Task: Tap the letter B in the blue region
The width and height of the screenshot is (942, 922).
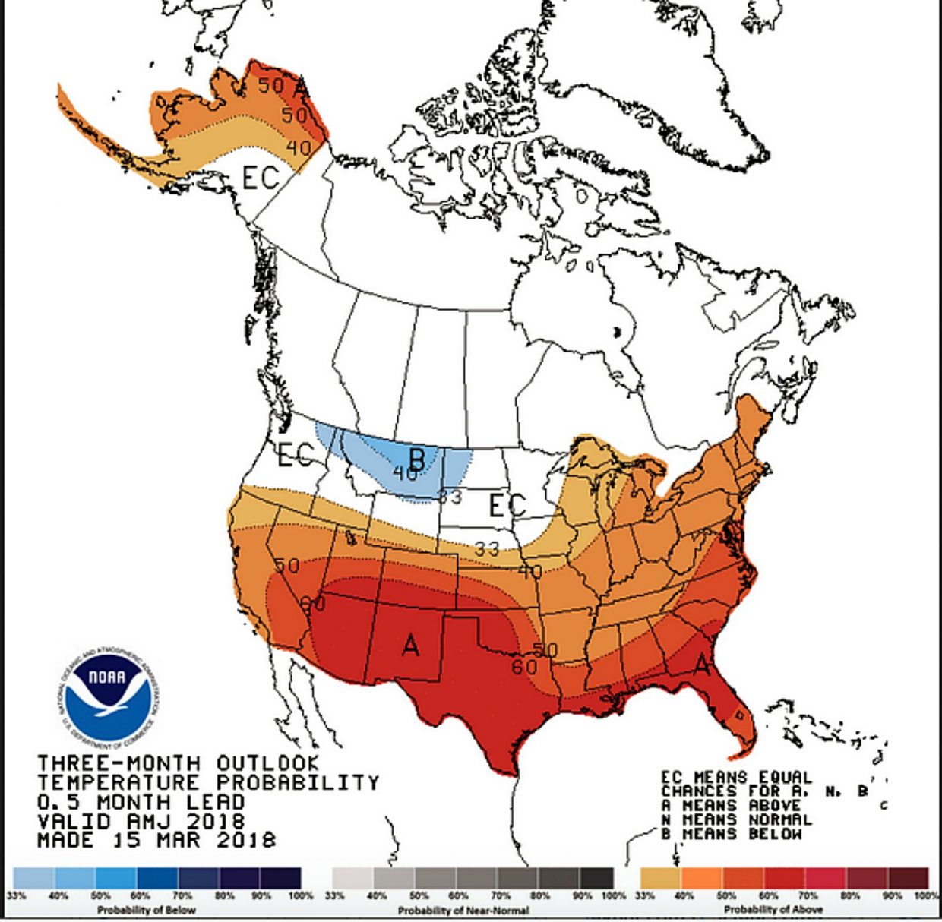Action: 416,459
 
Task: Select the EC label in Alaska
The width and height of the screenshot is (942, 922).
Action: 261,178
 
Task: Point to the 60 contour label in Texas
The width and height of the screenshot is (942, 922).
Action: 524,667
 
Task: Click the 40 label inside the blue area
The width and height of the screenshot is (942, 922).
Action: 406,474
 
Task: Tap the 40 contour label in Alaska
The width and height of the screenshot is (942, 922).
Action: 299,146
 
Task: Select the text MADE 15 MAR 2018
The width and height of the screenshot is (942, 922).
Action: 156,840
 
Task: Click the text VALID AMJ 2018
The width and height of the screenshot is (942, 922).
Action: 141,821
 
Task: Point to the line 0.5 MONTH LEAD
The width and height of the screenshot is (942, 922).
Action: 141,802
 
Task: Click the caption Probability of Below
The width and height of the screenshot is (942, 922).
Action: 146,909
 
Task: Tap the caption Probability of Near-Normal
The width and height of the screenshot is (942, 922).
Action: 463,909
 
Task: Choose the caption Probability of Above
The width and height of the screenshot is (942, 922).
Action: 773,909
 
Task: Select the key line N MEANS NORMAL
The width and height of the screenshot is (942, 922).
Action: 736,819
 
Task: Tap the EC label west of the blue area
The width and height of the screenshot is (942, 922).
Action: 295,454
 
